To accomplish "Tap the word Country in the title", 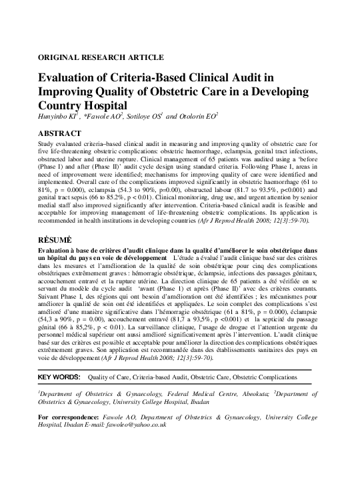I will (63, 106).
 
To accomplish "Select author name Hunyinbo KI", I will (60, 117).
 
